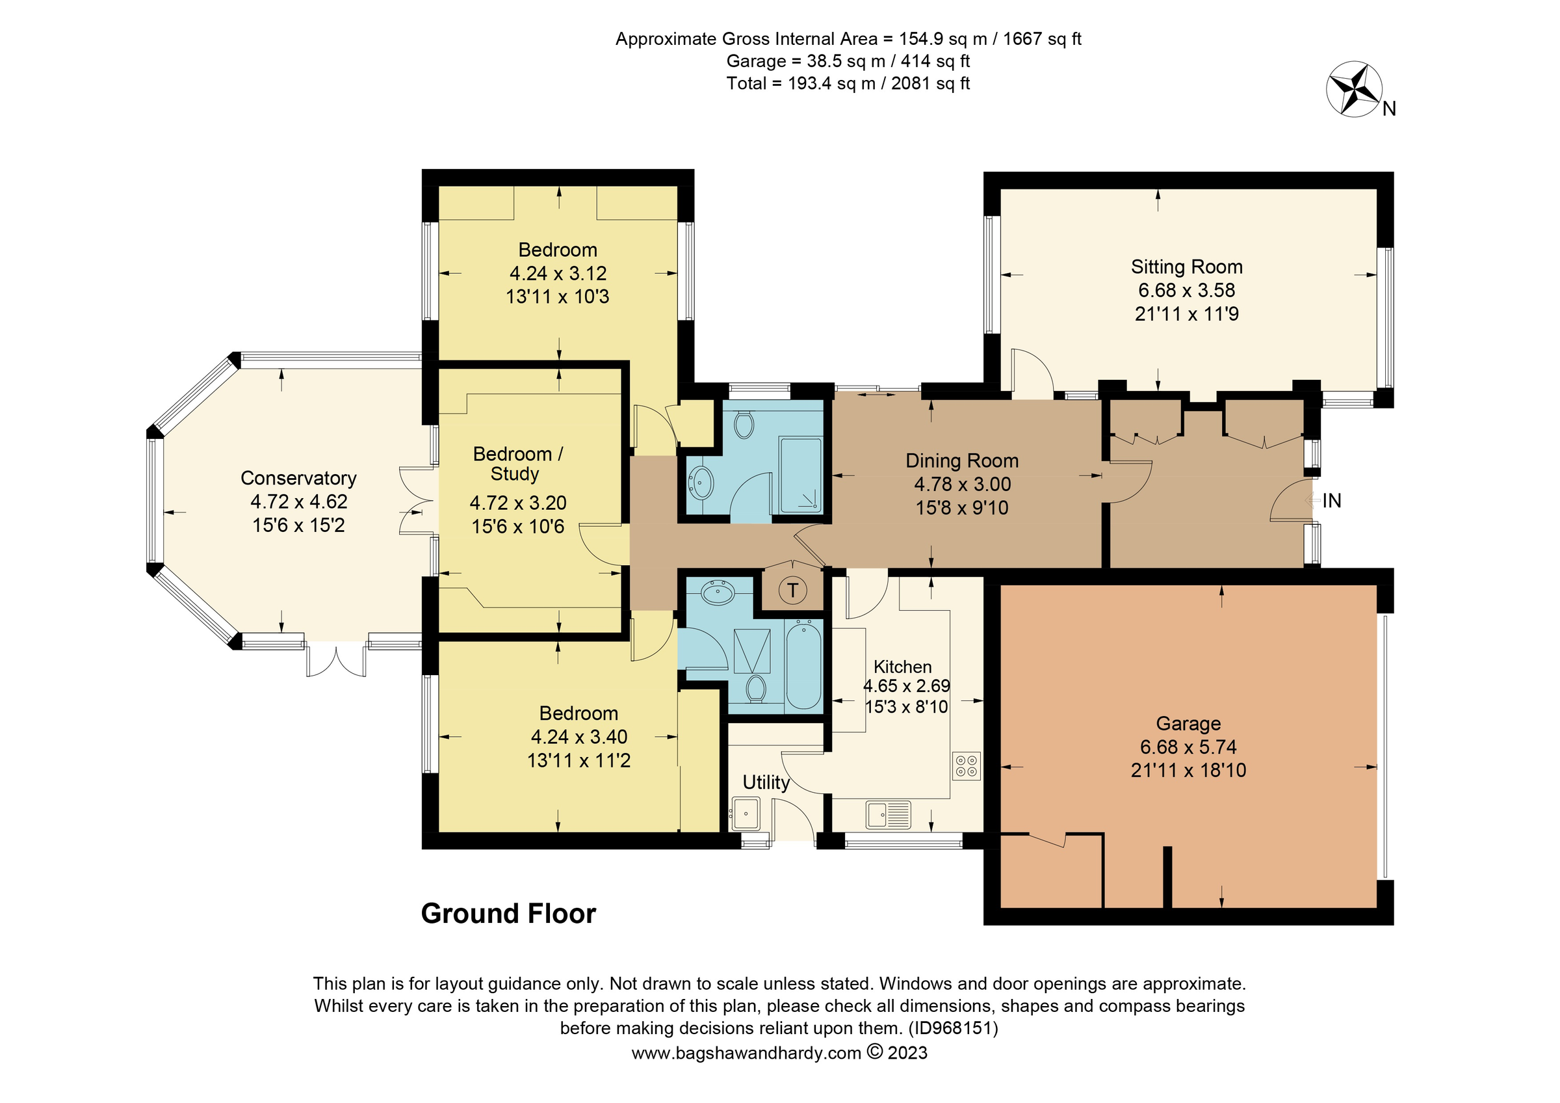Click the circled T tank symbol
coord(792,590)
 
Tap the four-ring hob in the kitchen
coord(966,766)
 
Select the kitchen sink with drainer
coord(888,815)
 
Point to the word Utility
coord(766,782)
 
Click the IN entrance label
coord(1332,501)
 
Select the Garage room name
coord(1188,723)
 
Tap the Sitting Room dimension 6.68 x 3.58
coord(1186,290)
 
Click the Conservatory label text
coord(298,478)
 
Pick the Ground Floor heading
coord(508,913)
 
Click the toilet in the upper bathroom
coord(744,425)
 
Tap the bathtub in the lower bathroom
coord(804,665)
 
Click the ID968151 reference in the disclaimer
coord(953,1028)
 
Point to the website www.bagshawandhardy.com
coord(746,1054)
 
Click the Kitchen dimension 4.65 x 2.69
coord(906,686)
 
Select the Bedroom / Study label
coord(517,464)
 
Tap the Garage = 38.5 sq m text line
coord(848,61)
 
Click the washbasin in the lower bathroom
coord(718,594)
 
